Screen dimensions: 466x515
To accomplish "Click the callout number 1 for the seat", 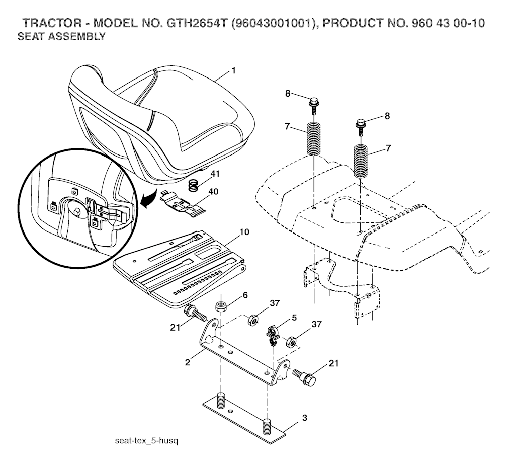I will tap(233, 71).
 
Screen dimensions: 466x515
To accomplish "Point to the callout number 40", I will tap(214, 191).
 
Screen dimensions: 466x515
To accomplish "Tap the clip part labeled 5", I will tap(272, 334).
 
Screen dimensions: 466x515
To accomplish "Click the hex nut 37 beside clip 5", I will tap(291, 343).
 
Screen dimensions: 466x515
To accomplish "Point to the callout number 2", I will tap(187, 362).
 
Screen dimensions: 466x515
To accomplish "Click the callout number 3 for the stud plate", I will tap(305, 418).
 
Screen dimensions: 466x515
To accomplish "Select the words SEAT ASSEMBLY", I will tap(61, 37).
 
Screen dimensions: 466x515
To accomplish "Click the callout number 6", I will tap(245, 295).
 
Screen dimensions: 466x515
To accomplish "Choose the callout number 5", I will tap(294, 318).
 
